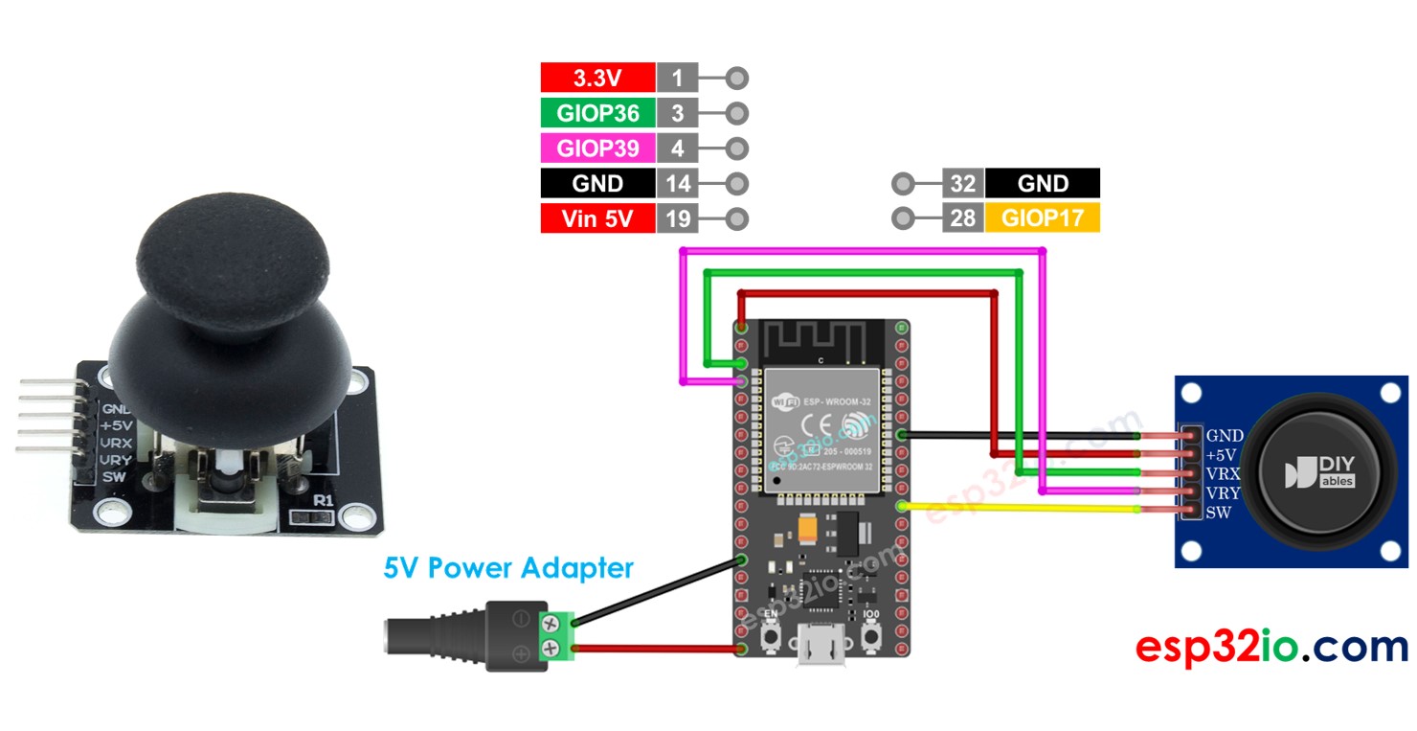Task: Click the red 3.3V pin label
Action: (597, 79)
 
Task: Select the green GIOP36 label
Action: (597, 113)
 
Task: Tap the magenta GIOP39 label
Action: (597, 148)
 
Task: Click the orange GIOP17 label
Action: (1043, 218)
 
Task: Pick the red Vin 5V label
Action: (597, 218)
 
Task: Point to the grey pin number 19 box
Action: (677, 218)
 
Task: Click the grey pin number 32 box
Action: (962, 184)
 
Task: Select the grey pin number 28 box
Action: (962, 218)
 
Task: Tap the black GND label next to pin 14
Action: (597, 184)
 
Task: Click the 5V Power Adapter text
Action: (508, 568)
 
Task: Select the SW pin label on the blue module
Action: (1218, 513)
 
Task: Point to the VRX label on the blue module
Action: (1223, 474)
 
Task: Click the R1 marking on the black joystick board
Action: (323, 501)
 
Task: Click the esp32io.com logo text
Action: (1271, 648)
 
